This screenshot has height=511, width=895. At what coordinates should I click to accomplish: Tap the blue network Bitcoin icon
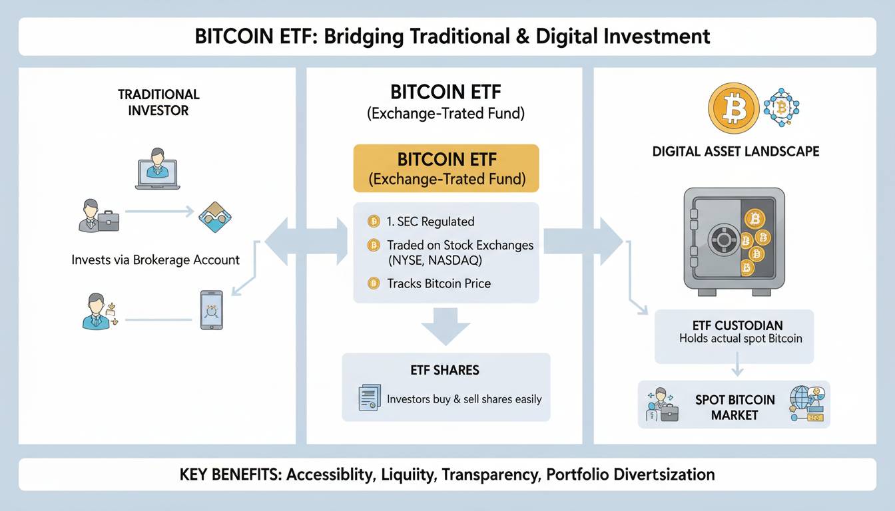(780, 107)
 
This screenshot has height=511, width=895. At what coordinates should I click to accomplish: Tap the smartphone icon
(212, 309)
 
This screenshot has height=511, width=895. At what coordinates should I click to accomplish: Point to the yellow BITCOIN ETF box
(446, 169)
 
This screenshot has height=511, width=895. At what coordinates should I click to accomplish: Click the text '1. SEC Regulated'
(430, 222)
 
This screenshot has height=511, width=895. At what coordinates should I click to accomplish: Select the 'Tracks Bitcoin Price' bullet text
(439, 283)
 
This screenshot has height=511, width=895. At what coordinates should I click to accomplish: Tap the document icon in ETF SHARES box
(369, 397)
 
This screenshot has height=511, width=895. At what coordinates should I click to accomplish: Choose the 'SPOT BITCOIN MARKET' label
(735, 407)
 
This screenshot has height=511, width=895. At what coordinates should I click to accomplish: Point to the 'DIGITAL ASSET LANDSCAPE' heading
(735, 152)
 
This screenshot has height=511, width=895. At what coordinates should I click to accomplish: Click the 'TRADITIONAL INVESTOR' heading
(158, 102)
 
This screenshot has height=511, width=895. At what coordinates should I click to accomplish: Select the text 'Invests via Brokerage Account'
(155, 259)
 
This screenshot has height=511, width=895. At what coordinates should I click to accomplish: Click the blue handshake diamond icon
(214, 218)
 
